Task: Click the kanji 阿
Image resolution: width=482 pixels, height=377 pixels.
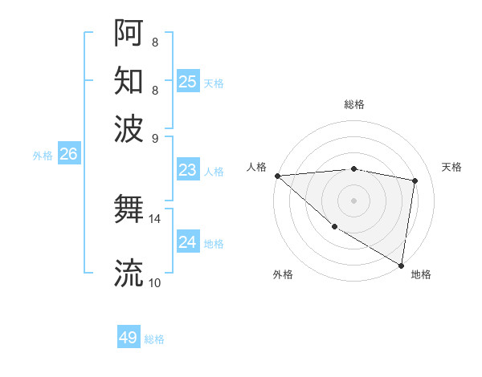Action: [x=129, y=33]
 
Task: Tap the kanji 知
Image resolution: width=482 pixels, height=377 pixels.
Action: [x=129, y=80]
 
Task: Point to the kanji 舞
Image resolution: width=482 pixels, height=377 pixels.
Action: [x=129, y=211]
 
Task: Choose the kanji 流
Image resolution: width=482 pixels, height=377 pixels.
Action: [x=129, y=273]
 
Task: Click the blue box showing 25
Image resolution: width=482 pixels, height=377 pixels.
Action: [x=187, y=82]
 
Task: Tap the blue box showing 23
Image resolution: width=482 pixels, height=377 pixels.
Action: [x=187, y=170]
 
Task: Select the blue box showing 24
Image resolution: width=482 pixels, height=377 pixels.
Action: [x=187, y=242]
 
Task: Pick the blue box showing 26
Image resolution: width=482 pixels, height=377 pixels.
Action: [x=68, y=154]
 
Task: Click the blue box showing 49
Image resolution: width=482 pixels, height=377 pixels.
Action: [x=129, y=338]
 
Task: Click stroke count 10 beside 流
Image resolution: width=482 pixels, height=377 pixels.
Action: [x=154, y=282]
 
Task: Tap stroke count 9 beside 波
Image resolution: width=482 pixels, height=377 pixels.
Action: [x=154, y=137]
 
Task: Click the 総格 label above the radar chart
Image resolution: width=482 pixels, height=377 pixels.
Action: [x=353, y=104]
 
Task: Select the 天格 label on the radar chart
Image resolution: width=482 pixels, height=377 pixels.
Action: [x=451, y=167]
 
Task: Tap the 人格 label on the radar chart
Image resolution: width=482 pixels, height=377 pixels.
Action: [x=256, y=167]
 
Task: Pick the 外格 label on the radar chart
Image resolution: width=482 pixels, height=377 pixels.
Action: [x=283, y=274]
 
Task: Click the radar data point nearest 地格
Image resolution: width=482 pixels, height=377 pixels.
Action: [x=401, y=265]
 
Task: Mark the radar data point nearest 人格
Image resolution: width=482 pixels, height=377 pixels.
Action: [x=277, y=176]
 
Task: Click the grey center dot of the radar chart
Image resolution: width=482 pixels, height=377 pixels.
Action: [x=353, y=201]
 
